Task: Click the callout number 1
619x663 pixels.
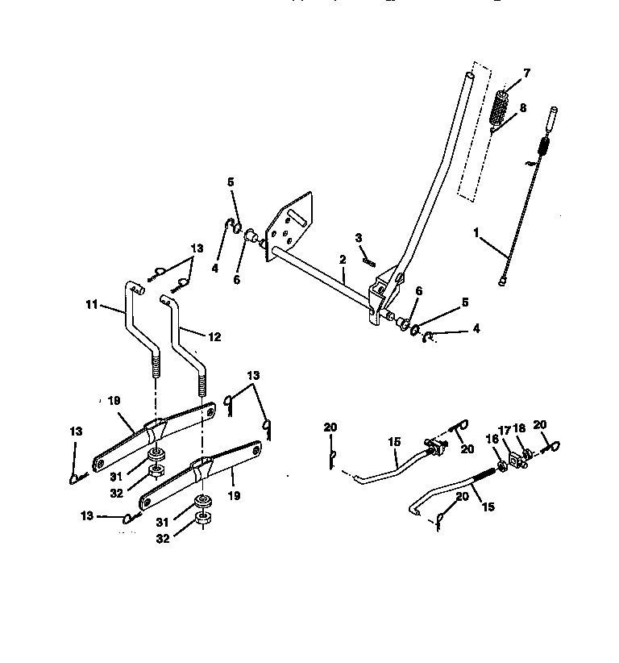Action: click(x=477, y=231)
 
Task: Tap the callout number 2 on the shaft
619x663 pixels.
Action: click(x=343, y=260)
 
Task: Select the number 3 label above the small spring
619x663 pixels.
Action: click(x=359, y=238)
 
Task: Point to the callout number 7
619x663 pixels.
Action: click(x=526, y=73)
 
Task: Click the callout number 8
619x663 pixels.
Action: click(x=523, y=106)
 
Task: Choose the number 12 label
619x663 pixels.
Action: click(x=214, y=337)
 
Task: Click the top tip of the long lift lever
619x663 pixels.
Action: click(x=468, y=75)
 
